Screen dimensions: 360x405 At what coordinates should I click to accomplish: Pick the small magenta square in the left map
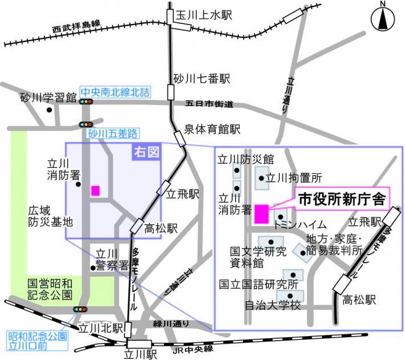point(95,191)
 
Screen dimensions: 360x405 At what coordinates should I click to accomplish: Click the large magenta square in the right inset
point(262,213)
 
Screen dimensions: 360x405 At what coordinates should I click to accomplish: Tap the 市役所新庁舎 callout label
point(341,200)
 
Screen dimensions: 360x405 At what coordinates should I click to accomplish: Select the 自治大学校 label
point(272,305)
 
